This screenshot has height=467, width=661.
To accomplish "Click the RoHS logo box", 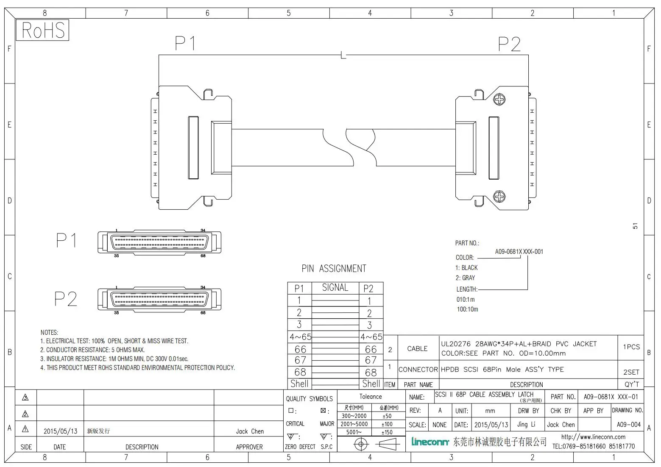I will click(42, 31).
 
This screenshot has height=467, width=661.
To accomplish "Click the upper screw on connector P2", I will click(500, 100).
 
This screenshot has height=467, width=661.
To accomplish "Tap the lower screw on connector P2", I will click(500, 196).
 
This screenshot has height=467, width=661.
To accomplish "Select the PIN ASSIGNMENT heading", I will click(334, 269).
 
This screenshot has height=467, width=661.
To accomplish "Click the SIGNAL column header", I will click(335, 288).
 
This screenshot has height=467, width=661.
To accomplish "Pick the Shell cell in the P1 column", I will click(299, 384).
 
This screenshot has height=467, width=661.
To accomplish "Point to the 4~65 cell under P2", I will click(371, 337).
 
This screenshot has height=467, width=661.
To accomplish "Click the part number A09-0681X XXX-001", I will click(519, 251).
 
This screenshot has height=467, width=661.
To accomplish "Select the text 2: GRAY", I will click(465, 278).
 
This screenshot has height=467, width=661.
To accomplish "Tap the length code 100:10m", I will click(467, 309).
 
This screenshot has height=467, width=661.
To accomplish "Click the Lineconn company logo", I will click(430, 442).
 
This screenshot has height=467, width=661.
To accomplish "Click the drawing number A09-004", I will click(628, 425).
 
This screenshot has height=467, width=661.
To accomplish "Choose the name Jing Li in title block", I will click(526, 424).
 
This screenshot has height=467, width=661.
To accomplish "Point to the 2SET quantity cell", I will click(631, 372).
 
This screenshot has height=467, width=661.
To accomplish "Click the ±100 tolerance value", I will click(387, 424).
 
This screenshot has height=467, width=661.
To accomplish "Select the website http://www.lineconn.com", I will click(593, 437).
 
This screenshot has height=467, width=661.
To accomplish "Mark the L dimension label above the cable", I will click(343, 56).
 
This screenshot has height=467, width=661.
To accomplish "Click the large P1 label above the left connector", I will click(185, 43).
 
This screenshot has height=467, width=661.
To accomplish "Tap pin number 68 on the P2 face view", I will click(203, 313).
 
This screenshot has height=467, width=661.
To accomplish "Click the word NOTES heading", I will click(49, 333).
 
